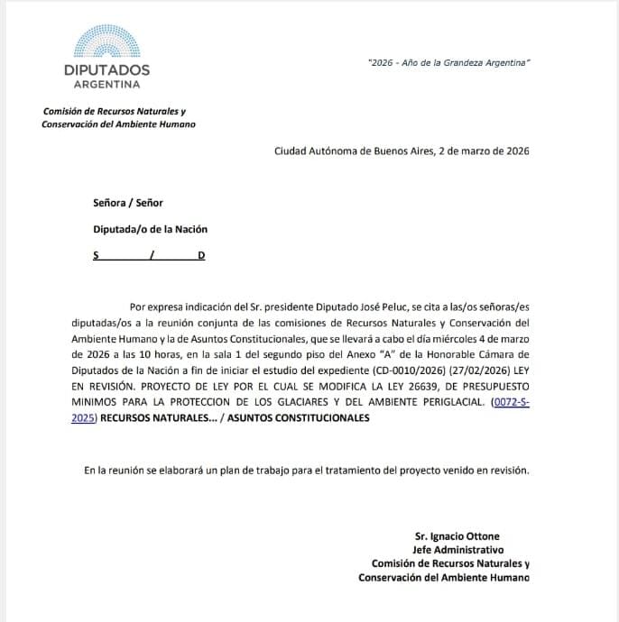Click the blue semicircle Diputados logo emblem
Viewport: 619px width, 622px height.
click(x=106, y=41)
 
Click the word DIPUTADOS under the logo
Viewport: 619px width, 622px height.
click(x=106, y=69)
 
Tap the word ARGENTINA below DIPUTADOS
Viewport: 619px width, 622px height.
click(x=107, y=85)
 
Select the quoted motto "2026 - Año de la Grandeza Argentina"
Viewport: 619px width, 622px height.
click(x=449, y=61)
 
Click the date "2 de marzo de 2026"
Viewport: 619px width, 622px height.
click(x=483, y=151)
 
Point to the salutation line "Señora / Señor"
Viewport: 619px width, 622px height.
click(x=128, y=203)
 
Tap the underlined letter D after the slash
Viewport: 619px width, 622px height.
click(x=201, y=256)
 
